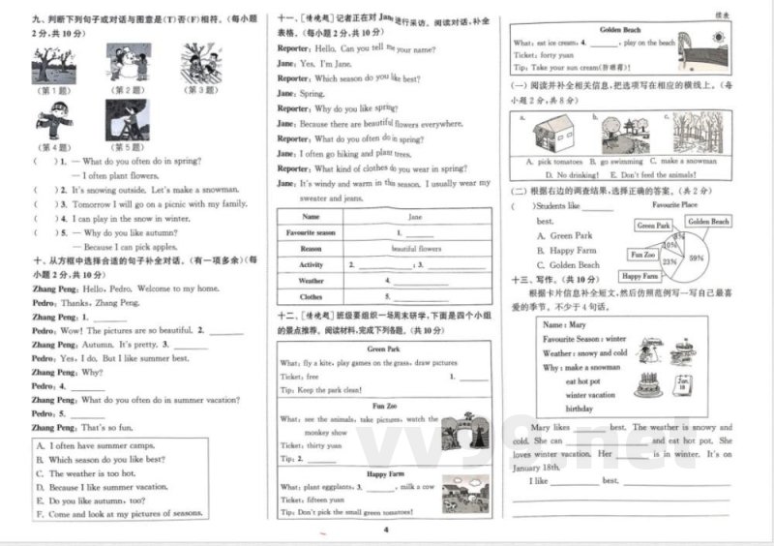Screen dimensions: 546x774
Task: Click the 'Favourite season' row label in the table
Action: tap(311, 232)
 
